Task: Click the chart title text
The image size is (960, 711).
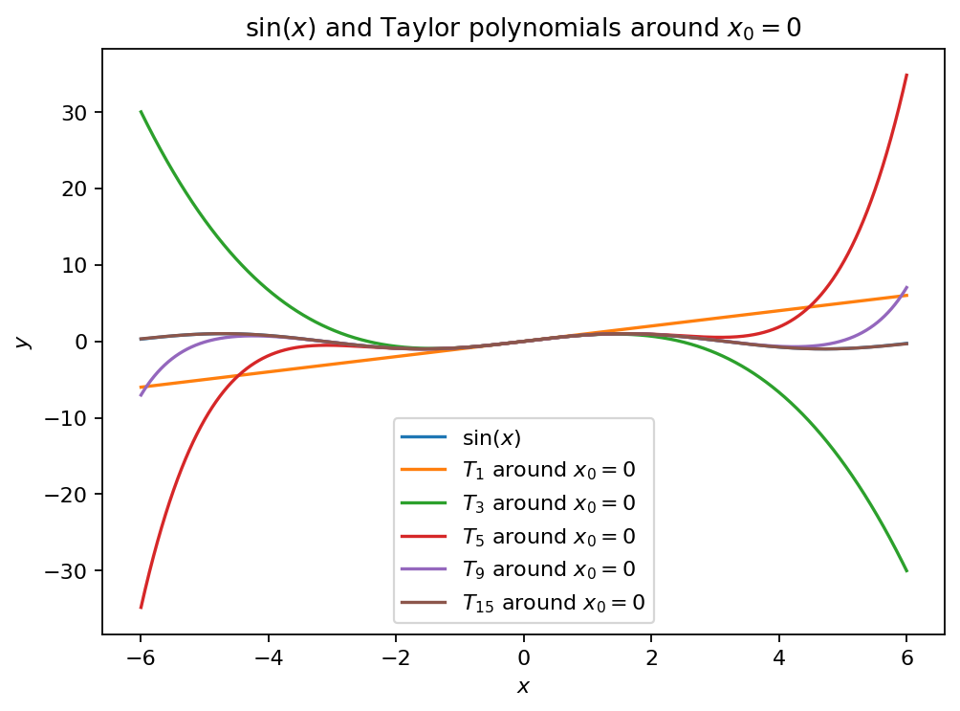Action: click(523, 28)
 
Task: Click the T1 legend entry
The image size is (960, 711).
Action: click(549, 470)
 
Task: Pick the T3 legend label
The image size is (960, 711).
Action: click(549, 502)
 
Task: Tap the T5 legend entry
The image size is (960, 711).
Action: click(549, 536)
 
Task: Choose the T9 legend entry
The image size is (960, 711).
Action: click(549, 568)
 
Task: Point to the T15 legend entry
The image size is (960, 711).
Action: click(554, 602)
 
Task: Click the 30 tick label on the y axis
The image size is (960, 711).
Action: click(76, 113)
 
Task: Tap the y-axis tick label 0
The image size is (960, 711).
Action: click(82, 342)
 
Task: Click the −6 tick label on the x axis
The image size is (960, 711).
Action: click(141, 658)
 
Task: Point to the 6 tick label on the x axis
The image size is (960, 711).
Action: click(907, 658)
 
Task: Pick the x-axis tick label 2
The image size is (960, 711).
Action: click(651, 658)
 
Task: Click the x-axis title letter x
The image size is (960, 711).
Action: click(522, 686)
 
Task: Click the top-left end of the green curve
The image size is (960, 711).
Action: click(142, 112)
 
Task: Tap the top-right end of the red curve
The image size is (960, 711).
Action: click(906, 75)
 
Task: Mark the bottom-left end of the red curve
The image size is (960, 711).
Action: click(142, 608)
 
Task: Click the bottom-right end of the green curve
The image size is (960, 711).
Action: click(906, 571)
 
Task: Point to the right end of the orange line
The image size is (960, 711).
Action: click(906, 295)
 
